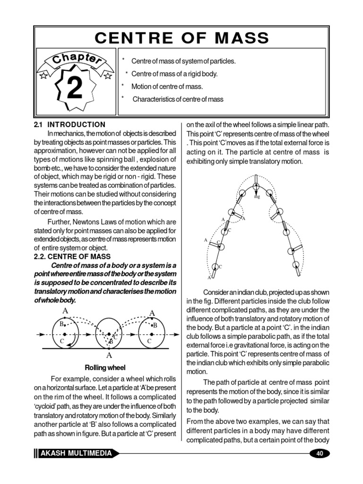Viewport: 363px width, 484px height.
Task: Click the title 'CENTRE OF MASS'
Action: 182,38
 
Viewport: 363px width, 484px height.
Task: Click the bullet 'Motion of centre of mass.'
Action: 167,86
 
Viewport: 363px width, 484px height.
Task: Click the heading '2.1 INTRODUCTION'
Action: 70,125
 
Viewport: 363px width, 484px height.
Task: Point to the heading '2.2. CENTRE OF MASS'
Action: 72,257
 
